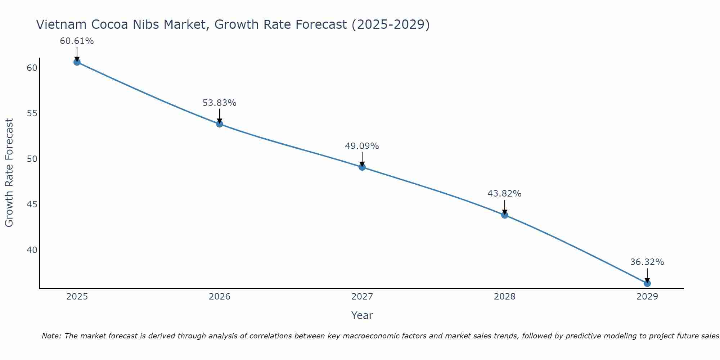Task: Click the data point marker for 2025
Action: point(77,62)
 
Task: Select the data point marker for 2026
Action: point(220,124)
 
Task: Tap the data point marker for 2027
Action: point(362,167)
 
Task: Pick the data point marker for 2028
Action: point(505,215)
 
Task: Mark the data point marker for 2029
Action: point(647,283)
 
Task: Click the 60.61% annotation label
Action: point(77,41)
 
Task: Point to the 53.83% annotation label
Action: point(219,103)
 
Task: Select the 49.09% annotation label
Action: point(362,146)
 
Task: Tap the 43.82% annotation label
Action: point(504,194)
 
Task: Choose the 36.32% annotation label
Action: point(647,262)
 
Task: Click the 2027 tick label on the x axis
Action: point(362,297)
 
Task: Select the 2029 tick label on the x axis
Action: point(647,297)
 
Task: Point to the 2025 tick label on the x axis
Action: point(77,297)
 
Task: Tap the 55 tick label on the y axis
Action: point(32,113)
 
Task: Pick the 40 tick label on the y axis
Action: point(32,250)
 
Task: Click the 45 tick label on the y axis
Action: point(32,204)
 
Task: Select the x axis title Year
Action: point(362,315)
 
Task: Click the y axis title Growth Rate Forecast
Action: point(9,173)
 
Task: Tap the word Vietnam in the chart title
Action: point(61,24)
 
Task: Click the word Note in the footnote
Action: point(51,336)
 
